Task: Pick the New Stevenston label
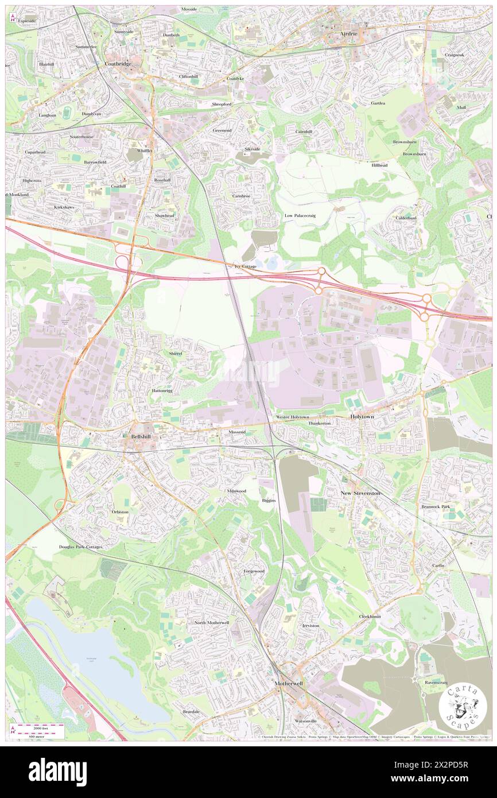(x=360, y=493)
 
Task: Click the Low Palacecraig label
(x=301, y=215)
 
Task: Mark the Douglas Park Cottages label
(x=80, y=547)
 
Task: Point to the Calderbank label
(x=409, y=218)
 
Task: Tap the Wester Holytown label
(x=292, y=417)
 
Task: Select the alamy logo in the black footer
(x=57, y=772)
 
